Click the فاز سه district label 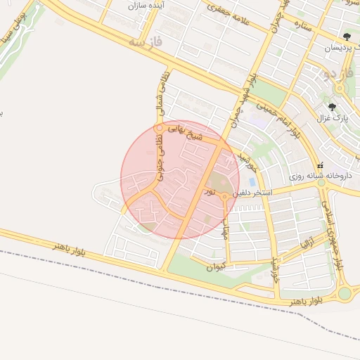tap(146, 43)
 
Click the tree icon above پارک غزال tap(332, 107)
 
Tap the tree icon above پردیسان tap(346, 36)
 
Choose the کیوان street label tap(218, 266)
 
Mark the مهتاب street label tap(226, 224)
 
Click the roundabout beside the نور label tap(224, 196)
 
